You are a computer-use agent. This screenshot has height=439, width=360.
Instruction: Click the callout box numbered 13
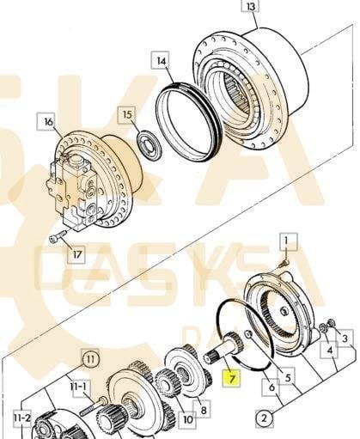click(x=250, y=6)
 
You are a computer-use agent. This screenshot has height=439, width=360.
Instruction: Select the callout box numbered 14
click(x=162, y=61)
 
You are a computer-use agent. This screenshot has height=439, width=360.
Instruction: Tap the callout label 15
click(x=128, y=115)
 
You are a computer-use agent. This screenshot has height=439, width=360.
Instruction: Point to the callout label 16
click(x=49, y=122)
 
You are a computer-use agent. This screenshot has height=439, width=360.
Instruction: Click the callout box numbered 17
click(x=77, y=254)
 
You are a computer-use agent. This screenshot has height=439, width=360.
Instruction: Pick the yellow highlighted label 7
click(x=231, y=379)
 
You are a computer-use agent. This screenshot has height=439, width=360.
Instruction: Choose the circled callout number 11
click(x=90, y=359)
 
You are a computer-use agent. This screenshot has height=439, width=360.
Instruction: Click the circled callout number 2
click(x=264, y=418)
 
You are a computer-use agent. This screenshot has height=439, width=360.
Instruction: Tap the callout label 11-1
click(x=78, y=387)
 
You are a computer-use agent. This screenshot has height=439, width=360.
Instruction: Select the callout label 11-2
click(x=21, y=418)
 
